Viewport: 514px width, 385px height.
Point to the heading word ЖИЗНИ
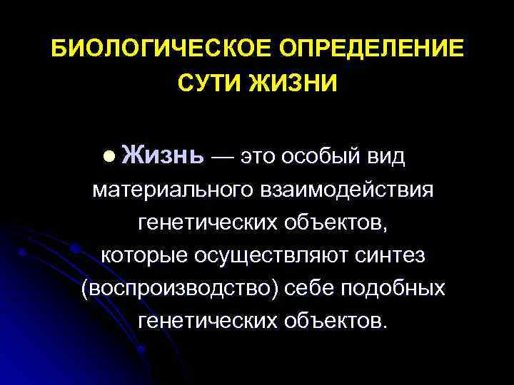click(x=294, y=83)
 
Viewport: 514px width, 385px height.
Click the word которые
click(x=148, y=255)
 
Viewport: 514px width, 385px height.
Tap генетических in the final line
click(x=208, y=321)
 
